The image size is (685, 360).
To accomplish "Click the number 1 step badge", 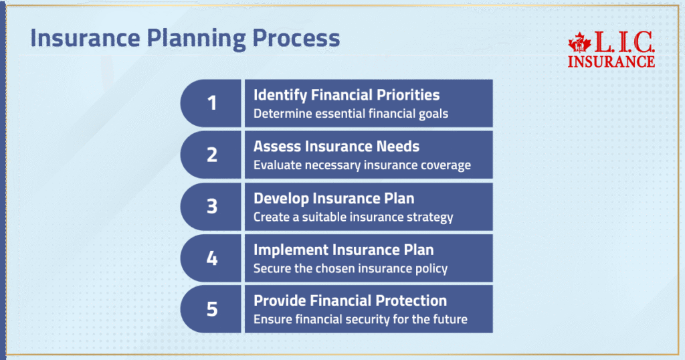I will click(211, 104).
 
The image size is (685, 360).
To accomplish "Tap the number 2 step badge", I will click(211, 155).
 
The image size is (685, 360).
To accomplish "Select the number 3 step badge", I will click(211, 206).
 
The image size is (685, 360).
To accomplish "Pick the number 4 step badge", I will click(211, 258).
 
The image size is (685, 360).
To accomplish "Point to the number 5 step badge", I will click(211, 309).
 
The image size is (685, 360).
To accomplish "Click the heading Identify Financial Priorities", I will click(347, 95).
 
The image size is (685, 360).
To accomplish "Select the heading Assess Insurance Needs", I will click(336, 147).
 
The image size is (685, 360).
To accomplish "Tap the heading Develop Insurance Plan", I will click(334, 198).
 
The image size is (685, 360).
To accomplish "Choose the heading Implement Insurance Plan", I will click(343, 250).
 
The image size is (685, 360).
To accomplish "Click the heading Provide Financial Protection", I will click(350, 301).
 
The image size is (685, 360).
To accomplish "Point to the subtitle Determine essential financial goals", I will click(351, 114).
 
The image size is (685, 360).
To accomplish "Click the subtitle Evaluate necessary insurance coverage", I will click(362, 165).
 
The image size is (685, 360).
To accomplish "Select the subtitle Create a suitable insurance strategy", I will click(353, 217).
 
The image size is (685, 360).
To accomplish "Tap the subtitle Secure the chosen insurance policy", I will click(351, 269).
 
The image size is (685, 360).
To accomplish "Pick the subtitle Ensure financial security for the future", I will click(360, 320).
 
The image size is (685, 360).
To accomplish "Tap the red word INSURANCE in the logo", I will click(611, 62).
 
